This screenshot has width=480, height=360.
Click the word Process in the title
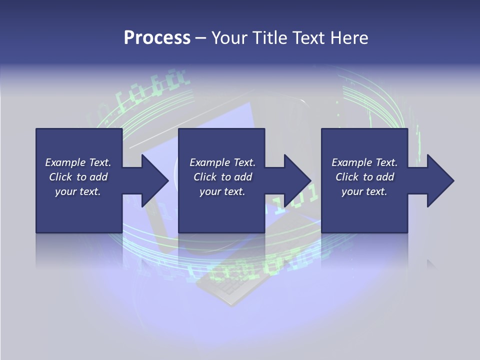click(157, 38)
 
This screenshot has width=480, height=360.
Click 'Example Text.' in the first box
click(78, 162)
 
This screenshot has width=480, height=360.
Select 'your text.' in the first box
click(78, 191)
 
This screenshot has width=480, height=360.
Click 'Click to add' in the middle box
click(222, 177)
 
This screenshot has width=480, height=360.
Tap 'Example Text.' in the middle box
click(222, 162)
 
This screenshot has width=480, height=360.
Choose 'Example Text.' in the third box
click(364, 162)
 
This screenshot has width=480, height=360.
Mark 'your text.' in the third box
click(364, 191)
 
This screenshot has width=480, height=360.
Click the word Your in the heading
click(228, 38)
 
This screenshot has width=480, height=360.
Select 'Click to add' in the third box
click(364, 177)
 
